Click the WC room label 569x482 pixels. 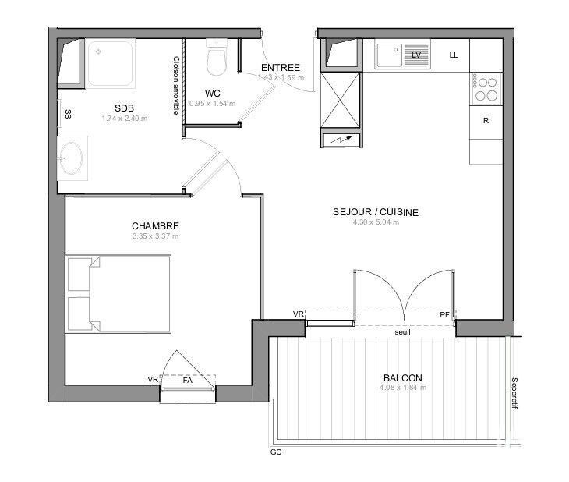click(212, 93)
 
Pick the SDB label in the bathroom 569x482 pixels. click(124, 108)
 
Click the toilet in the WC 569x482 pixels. click(216, 58)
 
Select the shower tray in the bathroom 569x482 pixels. click(110, 62)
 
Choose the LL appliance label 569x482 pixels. click(454, 55)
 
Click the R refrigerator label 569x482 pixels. click(486, 120)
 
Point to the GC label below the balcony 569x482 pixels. click(275, 452)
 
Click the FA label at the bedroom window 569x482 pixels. click(187, 381)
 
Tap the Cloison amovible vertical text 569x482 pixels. click(176, 86)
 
